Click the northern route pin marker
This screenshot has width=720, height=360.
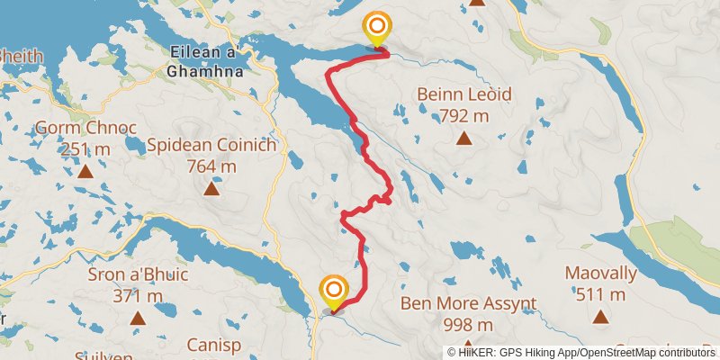click(375, 27)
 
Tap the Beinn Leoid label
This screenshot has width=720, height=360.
click(463, 94)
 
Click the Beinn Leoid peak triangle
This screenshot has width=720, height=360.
click(463, 138)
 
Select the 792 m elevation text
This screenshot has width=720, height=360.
click(463, 115)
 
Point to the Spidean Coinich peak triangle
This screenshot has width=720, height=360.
click(211, 188)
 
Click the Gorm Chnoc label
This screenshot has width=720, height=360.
click(85, 128)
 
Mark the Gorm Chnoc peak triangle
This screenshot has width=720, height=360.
click(85, 171)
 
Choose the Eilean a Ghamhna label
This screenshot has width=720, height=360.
click(202, 62)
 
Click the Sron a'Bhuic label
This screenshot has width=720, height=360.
click(138, 274)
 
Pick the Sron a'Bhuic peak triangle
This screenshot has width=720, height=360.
click(138, 318)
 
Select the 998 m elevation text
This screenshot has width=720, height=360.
click(468, 324)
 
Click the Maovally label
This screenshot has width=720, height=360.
click(601, 273)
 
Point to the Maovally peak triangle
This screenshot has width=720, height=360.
click(601, 316)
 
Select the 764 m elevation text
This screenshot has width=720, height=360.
click(211, 166)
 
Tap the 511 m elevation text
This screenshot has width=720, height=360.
click(601, 294)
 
